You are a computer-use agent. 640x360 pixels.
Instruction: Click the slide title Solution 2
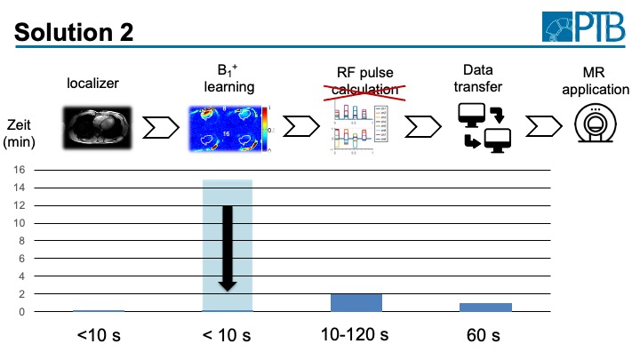[x=74, y=32]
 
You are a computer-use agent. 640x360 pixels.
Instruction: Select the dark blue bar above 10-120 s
[x=356, y=302]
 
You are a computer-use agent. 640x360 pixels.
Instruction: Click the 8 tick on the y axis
[x=31, y=241]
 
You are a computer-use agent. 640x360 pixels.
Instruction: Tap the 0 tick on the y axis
[x=31, y=311]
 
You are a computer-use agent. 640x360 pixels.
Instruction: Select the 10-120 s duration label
[x=356, y=334]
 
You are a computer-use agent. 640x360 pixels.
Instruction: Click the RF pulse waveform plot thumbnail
[x=356, y=126]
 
